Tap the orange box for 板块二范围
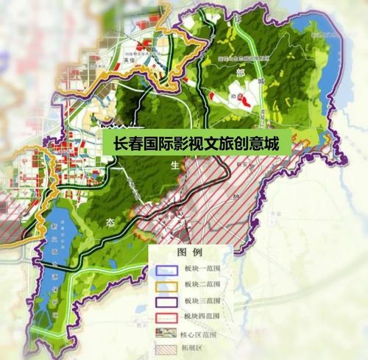tap(167, 282)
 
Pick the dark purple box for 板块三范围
tap(167, 299)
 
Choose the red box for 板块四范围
tap(167, 315)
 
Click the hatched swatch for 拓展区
tap(167, 346)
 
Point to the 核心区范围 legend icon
tap(167, 331)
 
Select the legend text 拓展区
tap(196, 346)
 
